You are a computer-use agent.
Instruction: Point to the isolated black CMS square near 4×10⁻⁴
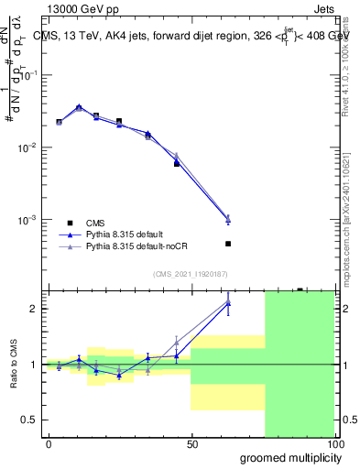pos(228,244)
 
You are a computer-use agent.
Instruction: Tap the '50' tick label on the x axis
pos(191,442)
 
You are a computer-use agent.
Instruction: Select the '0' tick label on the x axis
pos(49,442)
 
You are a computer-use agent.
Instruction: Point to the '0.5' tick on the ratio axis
pos(29,420)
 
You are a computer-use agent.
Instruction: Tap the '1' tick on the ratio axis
pos(34,365)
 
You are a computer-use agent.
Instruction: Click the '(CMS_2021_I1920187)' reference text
pos(190,273)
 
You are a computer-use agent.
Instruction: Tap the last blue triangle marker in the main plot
pos(228,220)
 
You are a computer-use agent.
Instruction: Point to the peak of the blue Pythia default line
pos(79,107)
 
